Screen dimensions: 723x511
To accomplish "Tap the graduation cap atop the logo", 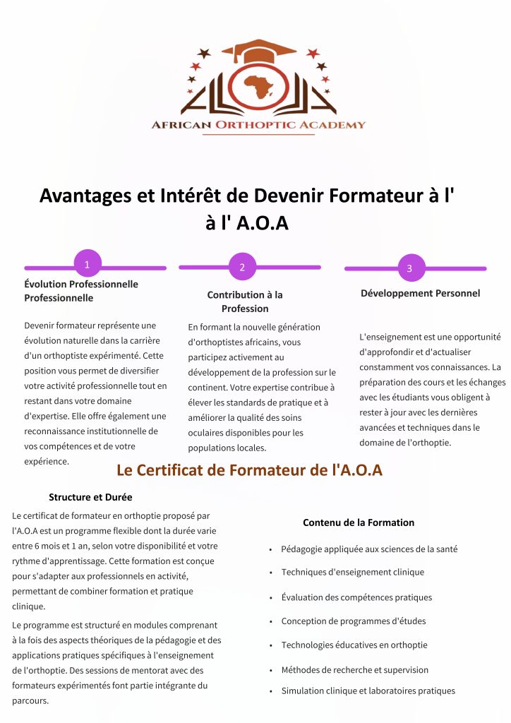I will point(258,52).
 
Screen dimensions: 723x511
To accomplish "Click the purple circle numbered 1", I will point(87,265).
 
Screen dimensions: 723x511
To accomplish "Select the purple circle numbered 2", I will point(242,267).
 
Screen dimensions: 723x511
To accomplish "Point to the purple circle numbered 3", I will point(409,268).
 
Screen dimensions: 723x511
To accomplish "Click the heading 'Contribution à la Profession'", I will point(245,301).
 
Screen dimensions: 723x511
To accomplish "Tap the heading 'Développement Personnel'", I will point(420,293).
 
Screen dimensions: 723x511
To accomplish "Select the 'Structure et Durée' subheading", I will point(90,497).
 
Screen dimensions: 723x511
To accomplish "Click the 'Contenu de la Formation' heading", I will point(359,522).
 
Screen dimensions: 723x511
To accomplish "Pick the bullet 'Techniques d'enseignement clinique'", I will point(352,572).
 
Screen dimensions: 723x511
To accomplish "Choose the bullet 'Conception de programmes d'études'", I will point(353,621).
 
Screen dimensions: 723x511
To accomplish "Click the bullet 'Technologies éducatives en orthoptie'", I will point(354,645).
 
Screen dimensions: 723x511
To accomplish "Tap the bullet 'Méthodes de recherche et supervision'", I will point(354,669).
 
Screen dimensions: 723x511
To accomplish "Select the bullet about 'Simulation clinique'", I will point(368,691).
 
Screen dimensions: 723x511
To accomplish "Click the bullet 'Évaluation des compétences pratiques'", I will point(356,597).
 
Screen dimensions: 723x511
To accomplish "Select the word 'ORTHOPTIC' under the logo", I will point(258,125).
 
